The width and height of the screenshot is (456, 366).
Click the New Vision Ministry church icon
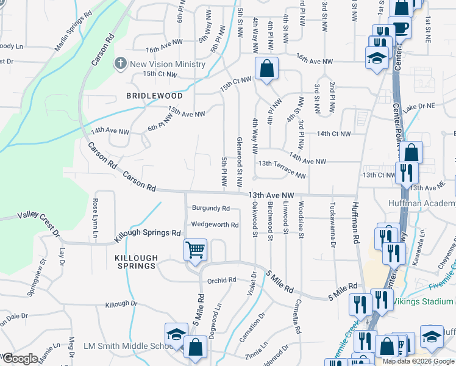pos(120,63)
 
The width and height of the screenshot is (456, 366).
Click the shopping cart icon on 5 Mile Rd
pos(195,250)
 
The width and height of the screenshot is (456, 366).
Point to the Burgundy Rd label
pos(211,209)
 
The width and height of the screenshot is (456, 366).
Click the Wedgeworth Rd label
pos(215,224)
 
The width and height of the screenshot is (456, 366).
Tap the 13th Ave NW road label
pos(272,195)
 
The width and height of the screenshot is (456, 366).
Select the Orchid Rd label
pos(221,281)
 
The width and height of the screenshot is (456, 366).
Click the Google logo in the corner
pos(20,359)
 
